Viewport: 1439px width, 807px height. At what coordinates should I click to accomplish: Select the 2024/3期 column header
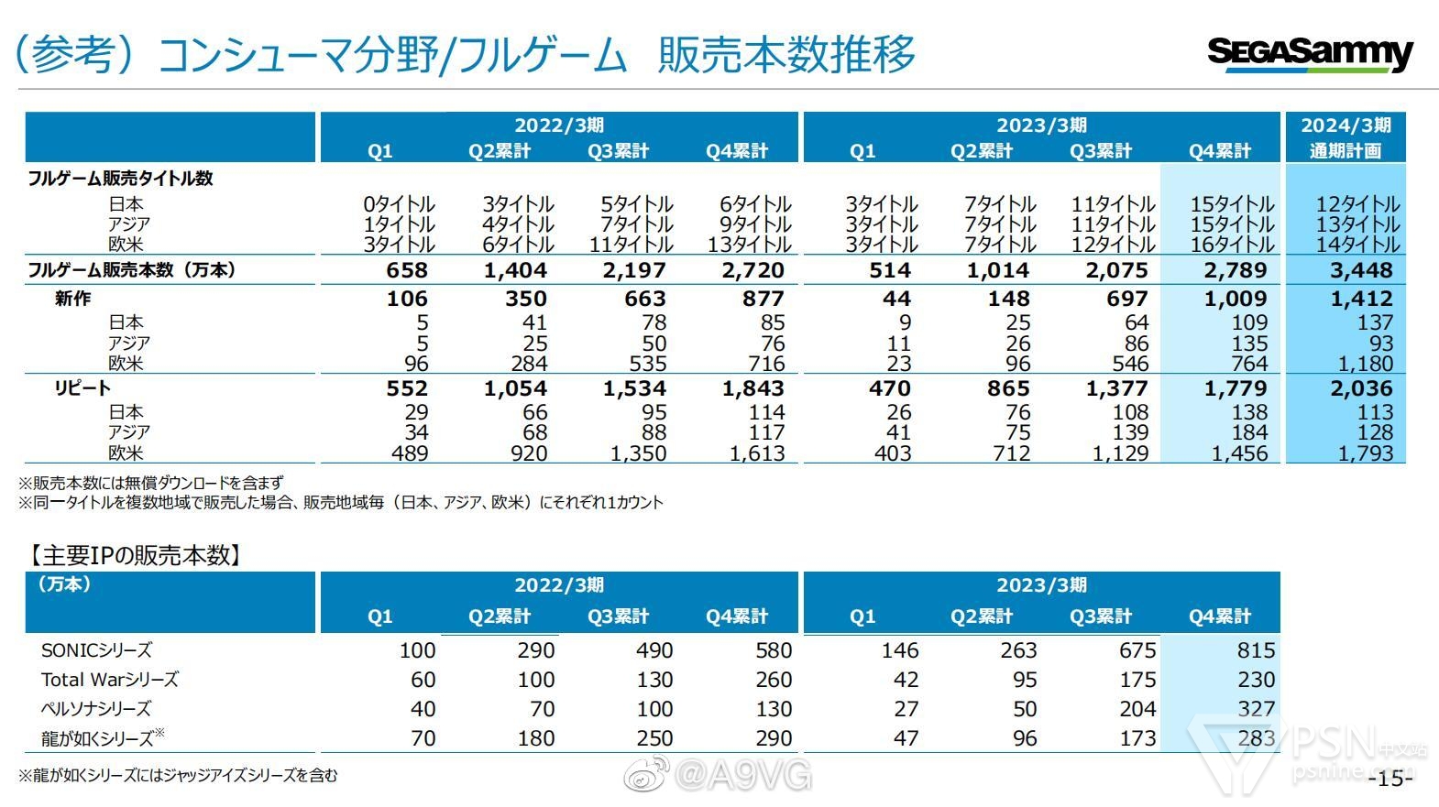pyautogui.click(x=1346, y=125)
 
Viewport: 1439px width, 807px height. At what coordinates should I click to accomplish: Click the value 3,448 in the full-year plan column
pyautogui.click(x=1361, y=270)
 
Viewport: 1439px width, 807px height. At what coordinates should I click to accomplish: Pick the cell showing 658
pyautogui.click(x=407, y=270)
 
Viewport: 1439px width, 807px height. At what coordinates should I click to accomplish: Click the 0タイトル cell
pyautogui.click(x=399, y=204)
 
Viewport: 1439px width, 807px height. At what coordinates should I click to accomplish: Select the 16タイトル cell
pyautogui.click(x=1232, y=245)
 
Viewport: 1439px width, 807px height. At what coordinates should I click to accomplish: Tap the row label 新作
pyautogui.click(x=72, y=299)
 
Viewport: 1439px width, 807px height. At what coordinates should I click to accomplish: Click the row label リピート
pyautogui.click(x=82, y=388)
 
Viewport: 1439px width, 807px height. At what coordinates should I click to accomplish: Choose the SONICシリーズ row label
pyautogui.click(x=96, y=650)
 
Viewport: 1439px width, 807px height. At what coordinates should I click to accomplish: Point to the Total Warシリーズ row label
pyautogui.click(x=110, y=680)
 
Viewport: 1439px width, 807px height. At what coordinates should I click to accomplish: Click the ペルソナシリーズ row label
pyautogui.click(x=96, y=709)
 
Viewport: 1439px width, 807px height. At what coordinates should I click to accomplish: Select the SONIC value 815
pyautogui.click(x=1256, y=650)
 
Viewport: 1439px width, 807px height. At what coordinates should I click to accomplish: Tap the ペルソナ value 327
pyautogui.click(x=1256, y=709)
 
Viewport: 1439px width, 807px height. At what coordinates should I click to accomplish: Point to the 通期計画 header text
pyautogui.click(x=1345, y=151)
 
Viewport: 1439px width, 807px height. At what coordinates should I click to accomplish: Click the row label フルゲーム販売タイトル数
pyautogui.click(x=120, y=179)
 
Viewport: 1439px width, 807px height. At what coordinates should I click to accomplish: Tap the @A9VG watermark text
pyautogui.click(x=742, y=777)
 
